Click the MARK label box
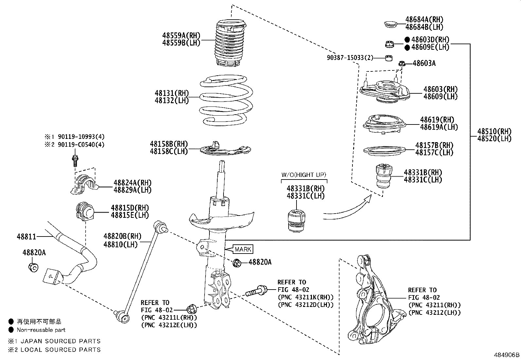(x=243, y=249)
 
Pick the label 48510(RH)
(x=494, y=132)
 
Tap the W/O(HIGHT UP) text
(x=304, y=175)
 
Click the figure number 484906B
(x=507, y=355)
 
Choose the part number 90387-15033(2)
(x=350, y=58)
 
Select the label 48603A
(x=424, y=63)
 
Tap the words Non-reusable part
(x=41, y=330)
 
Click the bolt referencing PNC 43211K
(x=256, y=291)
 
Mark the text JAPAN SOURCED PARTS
(x=61, y=341)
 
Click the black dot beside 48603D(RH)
(x=407, y=39)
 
